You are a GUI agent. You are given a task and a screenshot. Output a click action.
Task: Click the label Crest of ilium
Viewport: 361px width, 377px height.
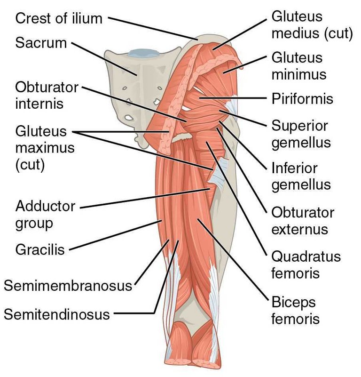pos(59,18)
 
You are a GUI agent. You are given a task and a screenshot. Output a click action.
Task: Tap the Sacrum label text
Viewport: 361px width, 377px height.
pos(41,43)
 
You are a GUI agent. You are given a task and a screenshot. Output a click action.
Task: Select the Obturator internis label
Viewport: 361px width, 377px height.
pos(47,96)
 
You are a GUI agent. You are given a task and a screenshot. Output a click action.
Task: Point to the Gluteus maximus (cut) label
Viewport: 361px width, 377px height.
pos(45,148)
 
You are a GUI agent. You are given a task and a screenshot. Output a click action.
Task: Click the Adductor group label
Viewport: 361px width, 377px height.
pos(46,215)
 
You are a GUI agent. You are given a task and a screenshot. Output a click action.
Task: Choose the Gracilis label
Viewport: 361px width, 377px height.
pos(40,249)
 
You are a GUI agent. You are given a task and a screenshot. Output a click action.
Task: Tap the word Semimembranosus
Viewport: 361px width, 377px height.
pos(68,286)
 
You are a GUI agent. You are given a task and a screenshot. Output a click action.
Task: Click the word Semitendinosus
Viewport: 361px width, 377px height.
pos(57,314)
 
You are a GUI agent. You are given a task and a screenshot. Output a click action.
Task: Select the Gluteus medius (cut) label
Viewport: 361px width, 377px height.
pos(312,25)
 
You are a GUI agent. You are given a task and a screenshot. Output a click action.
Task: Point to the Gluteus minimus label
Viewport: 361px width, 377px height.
pos(299,66)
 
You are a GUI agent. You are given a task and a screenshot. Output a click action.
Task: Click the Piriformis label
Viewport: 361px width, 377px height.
pos(302,99)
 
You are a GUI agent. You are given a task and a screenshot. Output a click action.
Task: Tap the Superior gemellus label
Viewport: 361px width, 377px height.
pos(301,134)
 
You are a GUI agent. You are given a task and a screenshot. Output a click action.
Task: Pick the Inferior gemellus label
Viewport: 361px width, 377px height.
pos(301,176)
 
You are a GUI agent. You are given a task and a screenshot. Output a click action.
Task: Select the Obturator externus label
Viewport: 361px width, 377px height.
pos(303,221)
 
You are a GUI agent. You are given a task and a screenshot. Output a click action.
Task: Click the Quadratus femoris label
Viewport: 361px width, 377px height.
pos(306,265)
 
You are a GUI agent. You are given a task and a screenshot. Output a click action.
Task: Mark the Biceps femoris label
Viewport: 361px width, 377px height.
pos(296,310)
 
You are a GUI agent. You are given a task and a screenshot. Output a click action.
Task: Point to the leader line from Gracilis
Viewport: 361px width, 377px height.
pos(115,235)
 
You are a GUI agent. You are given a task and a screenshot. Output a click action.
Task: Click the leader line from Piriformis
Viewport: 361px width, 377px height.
pos(233,98)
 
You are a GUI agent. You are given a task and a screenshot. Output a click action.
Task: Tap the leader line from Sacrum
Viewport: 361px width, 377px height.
pos(104,59)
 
